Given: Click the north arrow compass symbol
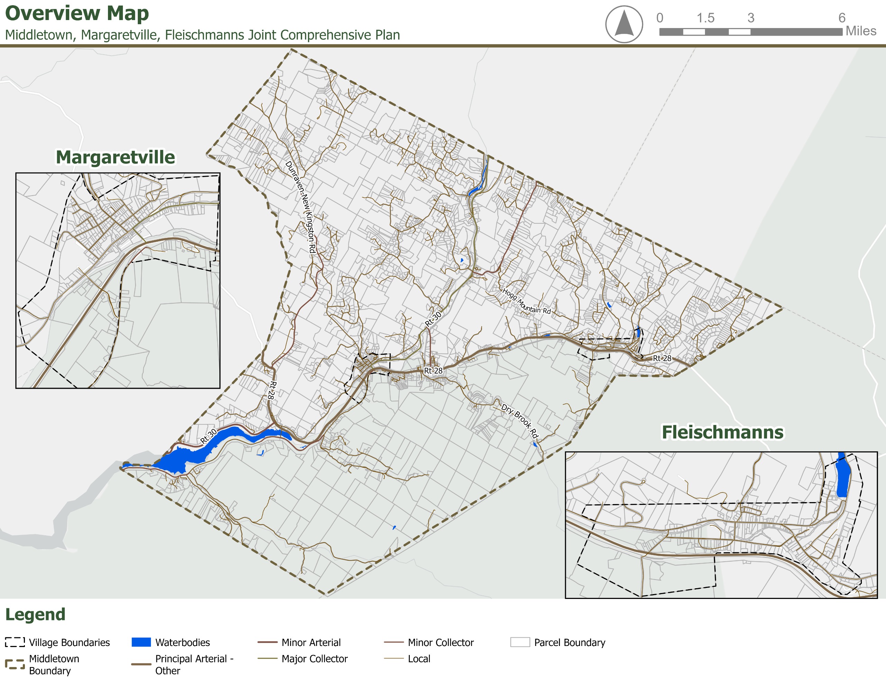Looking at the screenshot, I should coord(624,24).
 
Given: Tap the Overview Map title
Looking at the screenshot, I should coord(77,13).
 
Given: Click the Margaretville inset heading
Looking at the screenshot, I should coord(115,157).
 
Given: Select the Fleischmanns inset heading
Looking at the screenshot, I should coord(723,432).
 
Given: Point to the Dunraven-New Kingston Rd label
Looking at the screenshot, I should coord(301,207).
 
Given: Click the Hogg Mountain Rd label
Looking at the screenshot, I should coord(526,301).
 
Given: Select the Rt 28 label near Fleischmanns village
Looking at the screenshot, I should coord(662,358).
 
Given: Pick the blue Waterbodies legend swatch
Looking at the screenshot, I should coord(141,642).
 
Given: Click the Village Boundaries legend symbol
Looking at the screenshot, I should coord(15,642).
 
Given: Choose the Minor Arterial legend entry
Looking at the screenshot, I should coord(311,642).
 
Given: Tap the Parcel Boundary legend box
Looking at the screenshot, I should coord(520,642).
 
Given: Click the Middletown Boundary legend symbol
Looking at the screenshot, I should coord(15,664).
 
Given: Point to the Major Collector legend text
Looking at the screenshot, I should coord(314,658).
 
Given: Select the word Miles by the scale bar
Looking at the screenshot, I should coord(861,31).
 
